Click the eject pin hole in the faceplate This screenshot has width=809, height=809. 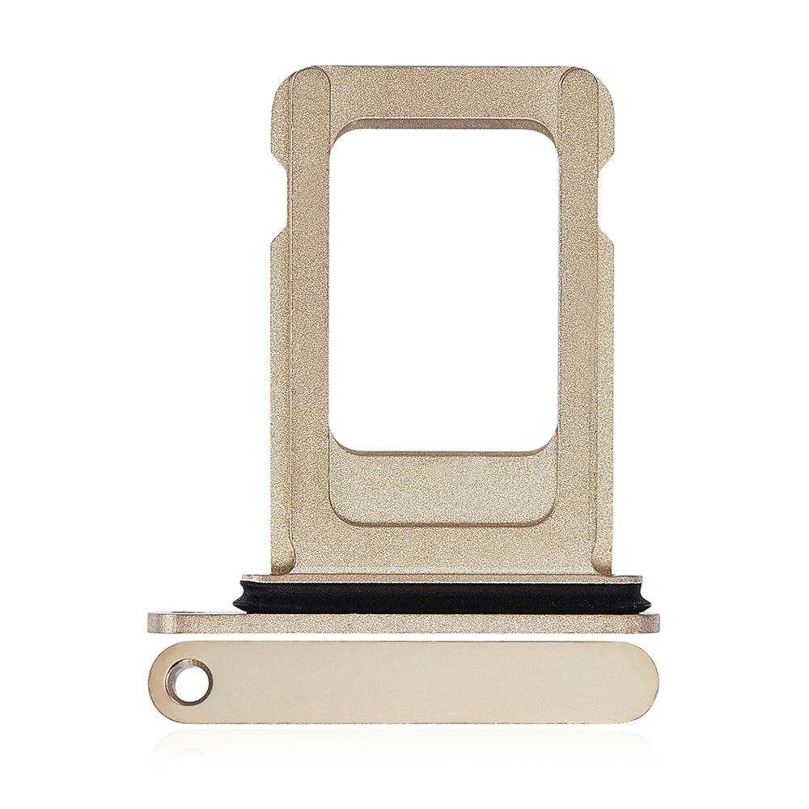pyautogui.click(x=189, y=682)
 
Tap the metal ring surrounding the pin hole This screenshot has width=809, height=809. pyautogui.click(x=172, y=682)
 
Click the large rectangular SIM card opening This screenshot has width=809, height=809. pyautogui.click(x=443, y=287)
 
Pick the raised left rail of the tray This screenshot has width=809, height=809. pyautogui.click(x=309, y=324)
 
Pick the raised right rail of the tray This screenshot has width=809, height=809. pyautogui.click(x=578, y=324)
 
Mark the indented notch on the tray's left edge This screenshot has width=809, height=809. pyautogui.click(x=275, y=198)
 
